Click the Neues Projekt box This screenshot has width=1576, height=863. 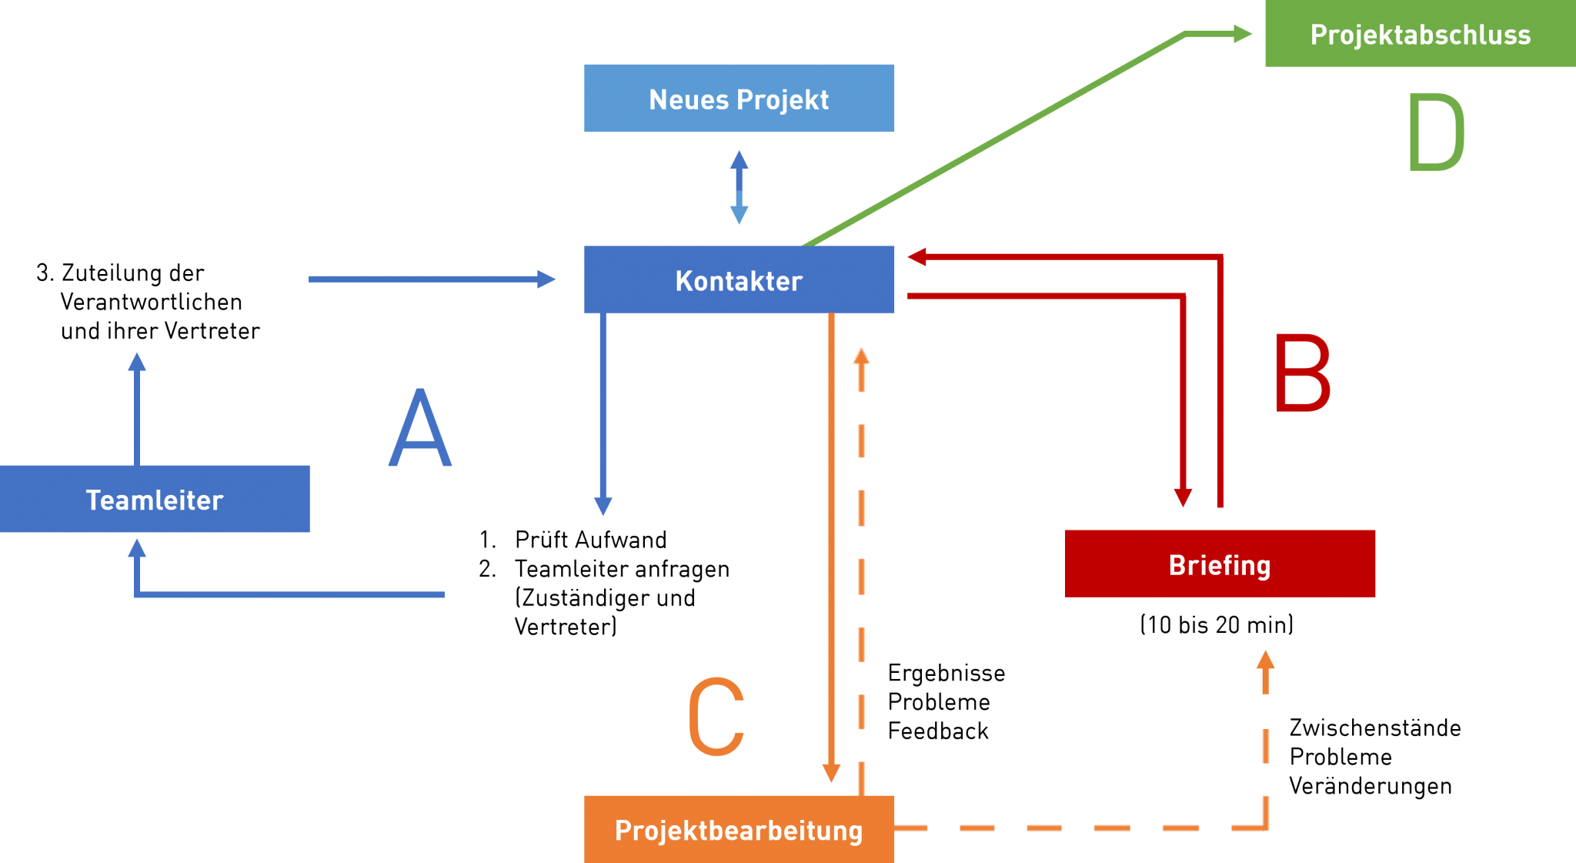739,99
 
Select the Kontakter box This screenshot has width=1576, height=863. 739,279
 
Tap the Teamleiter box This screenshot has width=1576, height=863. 155,499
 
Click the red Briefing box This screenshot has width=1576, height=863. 1220,564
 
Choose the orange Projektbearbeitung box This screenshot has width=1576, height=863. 739,829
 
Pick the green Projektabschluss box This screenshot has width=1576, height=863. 1420,34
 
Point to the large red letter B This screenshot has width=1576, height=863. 1302,373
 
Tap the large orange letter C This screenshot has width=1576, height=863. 716,717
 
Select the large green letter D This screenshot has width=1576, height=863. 1436,132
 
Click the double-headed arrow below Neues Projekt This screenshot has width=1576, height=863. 739,187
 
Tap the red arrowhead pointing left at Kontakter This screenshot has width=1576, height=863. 917,257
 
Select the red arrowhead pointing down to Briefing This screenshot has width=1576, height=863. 1183,497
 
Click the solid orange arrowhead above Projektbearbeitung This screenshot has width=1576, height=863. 831,772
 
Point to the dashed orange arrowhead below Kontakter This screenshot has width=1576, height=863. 861,356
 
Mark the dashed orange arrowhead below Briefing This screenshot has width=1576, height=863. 1265,661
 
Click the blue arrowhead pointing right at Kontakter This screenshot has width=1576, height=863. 546,279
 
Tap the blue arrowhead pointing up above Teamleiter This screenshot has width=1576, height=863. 137,362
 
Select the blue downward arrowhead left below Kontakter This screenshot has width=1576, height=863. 603,506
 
